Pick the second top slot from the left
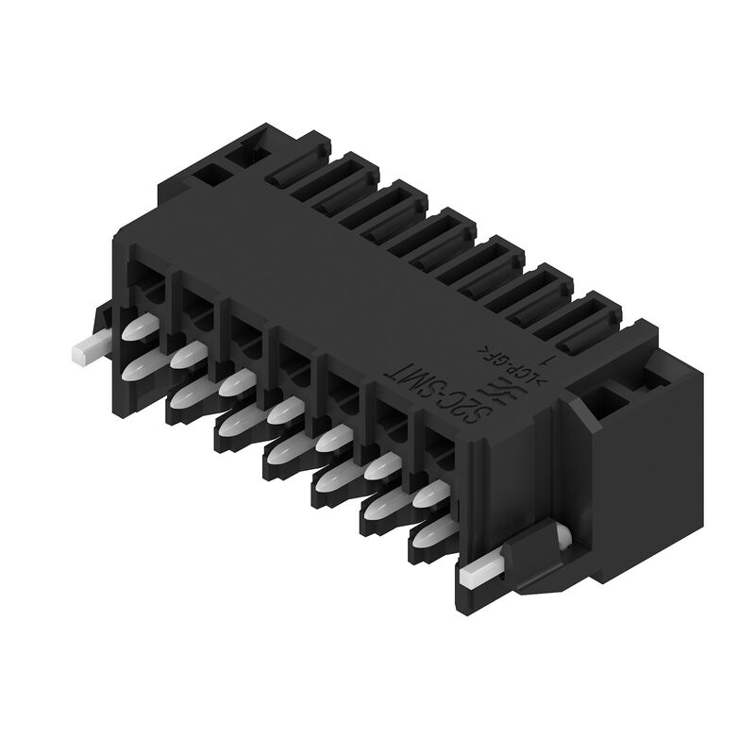[x=348, y=193]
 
